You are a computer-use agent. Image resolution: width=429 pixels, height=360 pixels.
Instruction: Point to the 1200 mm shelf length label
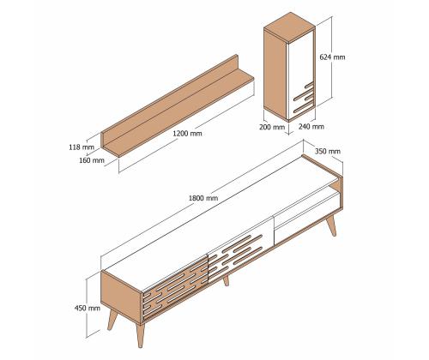[x=187, y=134]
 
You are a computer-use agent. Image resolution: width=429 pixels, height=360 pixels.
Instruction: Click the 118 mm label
[x=80, y=147]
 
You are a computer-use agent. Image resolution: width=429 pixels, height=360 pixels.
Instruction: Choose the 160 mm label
[x=92, y=159]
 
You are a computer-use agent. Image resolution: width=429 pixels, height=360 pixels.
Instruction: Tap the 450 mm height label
[x=87, y=308]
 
